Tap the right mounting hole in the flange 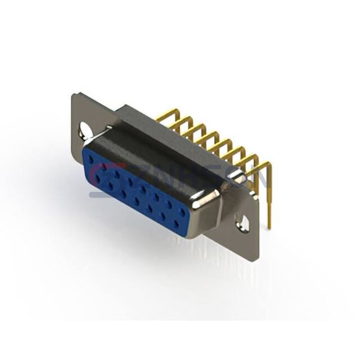[x=244, y=223]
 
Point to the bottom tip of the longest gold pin [x=269, y=226]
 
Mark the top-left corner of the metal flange [x=73, y=94]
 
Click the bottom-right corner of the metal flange [x=257, y=259]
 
